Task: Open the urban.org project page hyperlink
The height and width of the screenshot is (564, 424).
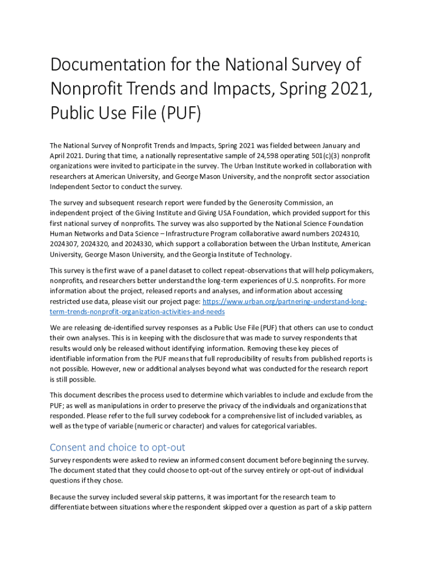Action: click(285, 301)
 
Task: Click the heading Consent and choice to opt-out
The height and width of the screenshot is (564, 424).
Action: click(117, 447)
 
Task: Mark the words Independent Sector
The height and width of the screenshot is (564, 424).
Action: click(77, 187)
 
